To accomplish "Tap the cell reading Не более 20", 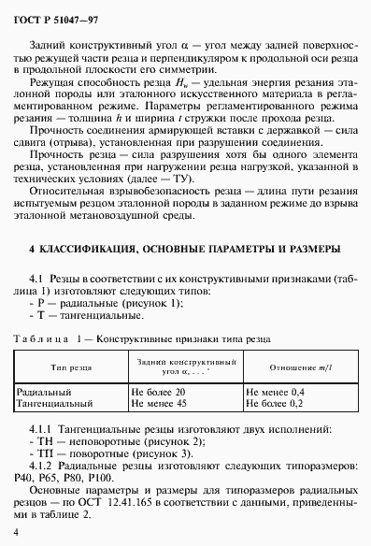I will point(160,393).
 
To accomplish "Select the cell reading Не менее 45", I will point(160,404).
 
